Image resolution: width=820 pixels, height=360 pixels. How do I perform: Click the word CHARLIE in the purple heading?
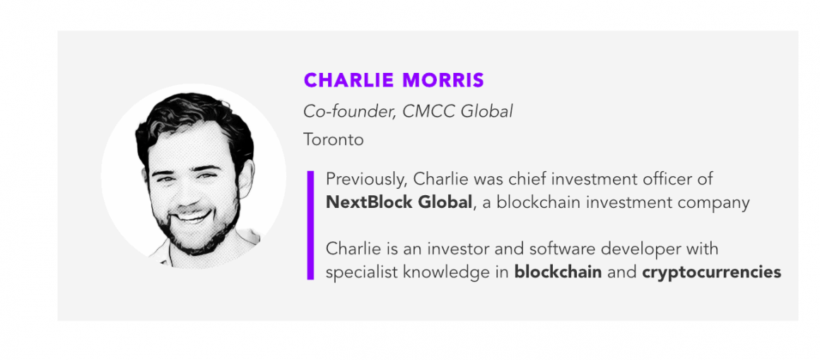click(348, 80)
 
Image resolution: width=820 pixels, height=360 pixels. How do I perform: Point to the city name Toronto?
click(333, 140)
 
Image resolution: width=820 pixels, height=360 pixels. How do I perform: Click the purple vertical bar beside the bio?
click(310, 225)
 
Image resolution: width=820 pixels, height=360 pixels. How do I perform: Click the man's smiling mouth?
click(192, 214)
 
